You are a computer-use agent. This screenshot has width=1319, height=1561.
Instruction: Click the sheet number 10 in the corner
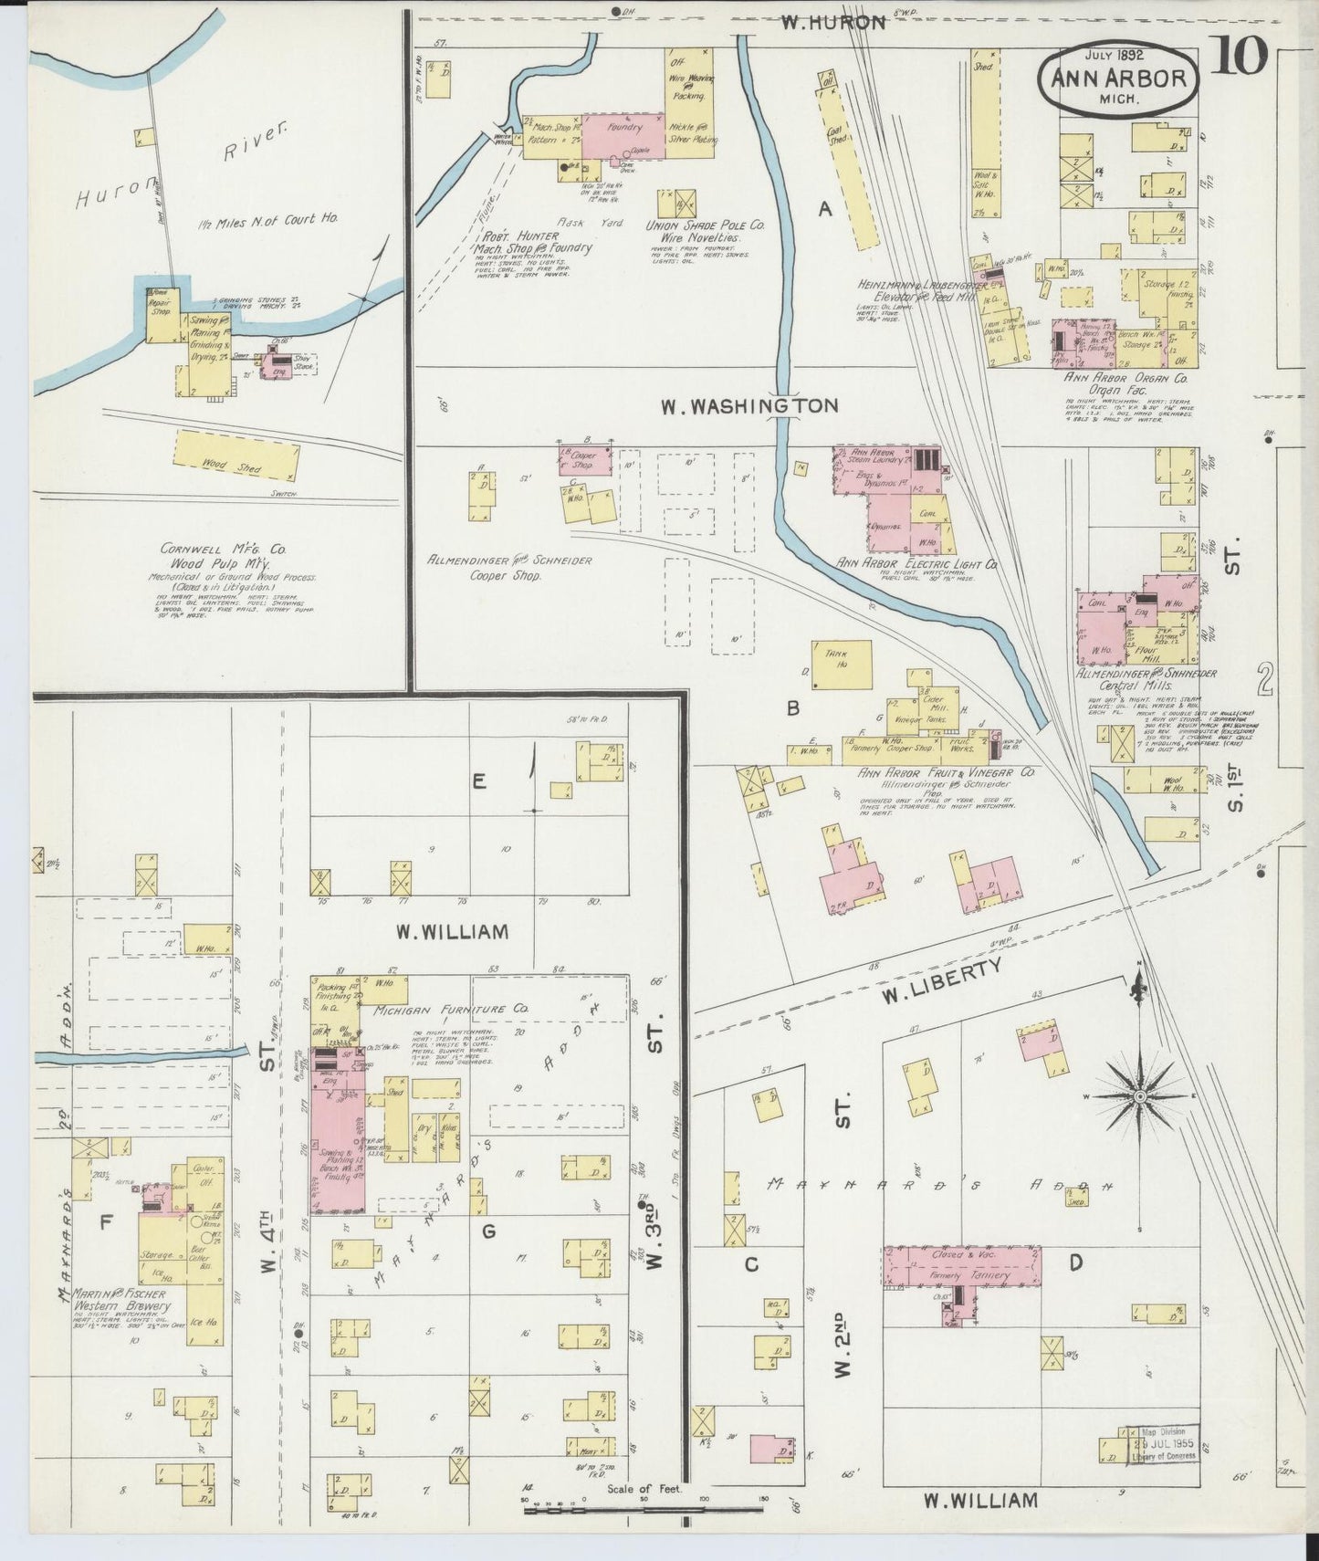click(x=1241, y=59)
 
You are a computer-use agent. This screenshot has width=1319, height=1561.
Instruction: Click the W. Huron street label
click(x=833, y=23)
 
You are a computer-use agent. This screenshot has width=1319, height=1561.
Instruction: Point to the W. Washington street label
click(x=748, y=405)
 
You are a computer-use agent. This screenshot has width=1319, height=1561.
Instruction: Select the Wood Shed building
click(x=236, y=456)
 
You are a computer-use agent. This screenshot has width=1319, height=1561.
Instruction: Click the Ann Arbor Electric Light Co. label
click(x=916, y=565)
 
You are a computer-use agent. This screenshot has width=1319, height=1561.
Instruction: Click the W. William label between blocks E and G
click(x=451, y=932)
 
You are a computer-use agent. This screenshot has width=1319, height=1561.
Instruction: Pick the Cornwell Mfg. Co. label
click(x=223, y=550)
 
